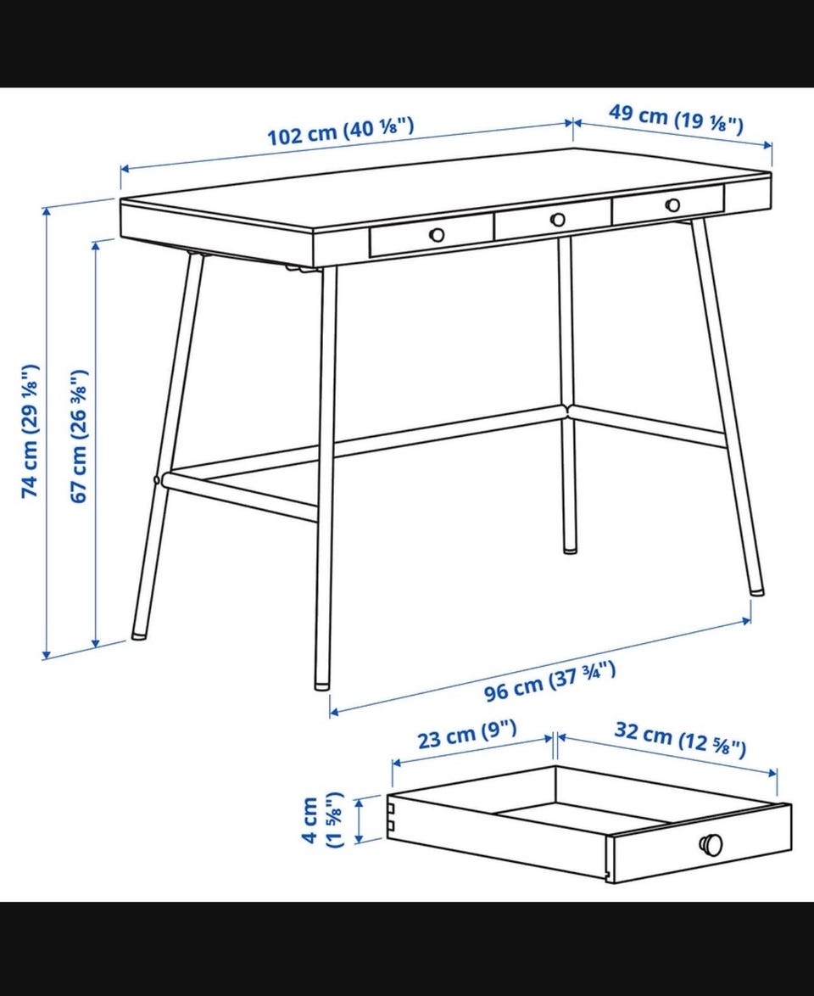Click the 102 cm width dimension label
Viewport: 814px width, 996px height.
click(340, 131)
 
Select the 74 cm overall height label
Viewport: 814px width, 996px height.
click(30, 431)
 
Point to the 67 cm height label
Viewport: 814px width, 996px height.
click(77, 436)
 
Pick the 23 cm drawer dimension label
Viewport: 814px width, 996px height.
click(466, 735)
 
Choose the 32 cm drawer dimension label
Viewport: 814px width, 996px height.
click(680, 740)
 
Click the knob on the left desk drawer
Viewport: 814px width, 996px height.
click(437, 234)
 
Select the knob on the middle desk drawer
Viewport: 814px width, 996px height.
click(557, 220)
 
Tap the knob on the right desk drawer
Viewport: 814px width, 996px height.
click(673, 205)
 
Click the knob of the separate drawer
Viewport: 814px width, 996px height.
click(711, 844)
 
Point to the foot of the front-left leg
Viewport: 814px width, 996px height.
click(137, 634)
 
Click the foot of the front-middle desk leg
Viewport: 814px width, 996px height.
click(322, 685)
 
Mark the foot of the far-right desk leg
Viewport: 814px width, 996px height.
click(756, 590)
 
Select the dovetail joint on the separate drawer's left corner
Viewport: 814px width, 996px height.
click(392, 815)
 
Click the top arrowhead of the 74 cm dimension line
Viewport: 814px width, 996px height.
click(46, 211)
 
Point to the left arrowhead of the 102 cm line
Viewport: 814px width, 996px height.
click(125, 169)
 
